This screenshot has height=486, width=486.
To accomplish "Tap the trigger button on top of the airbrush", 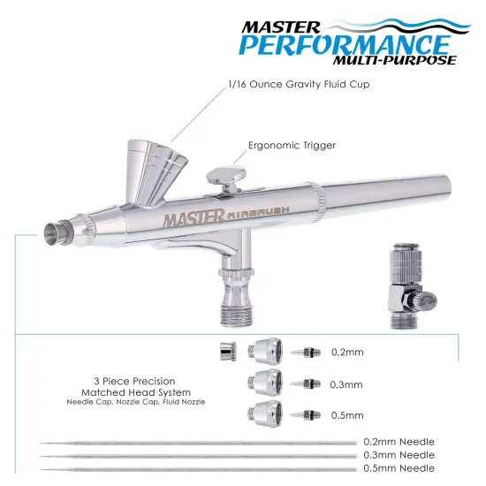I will [x=227, y=172].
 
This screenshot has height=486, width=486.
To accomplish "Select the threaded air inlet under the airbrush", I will [x=237, y=306].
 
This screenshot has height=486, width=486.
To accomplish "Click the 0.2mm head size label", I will [x=347, y=352].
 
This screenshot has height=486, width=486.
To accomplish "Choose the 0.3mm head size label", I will [x=347, y=384].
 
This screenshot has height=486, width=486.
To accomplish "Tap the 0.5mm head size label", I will [x=347, y=415].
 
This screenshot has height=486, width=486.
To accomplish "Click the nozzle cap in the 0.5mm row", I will [x=266, y=414].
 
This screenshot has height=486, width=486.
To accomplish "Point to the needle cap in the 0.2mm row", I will [x=226, y=353].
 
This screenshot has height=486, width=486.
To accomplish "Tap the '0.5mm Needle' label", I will [x=399, y=468].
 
